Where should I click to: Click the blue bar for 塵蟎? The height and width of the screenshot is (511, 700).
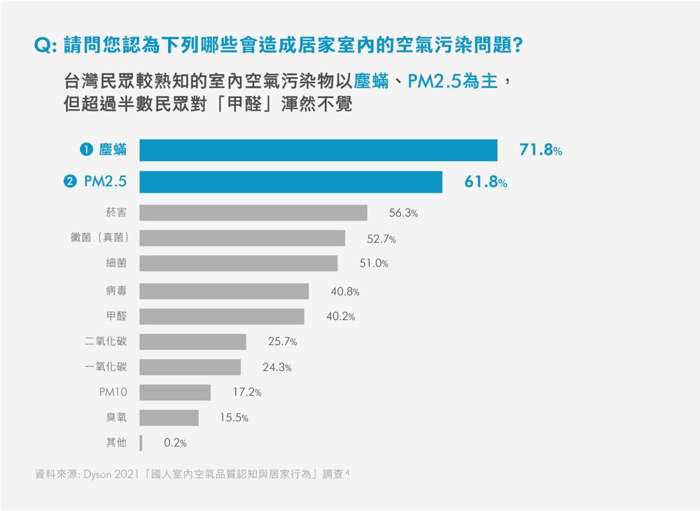(x=318, y=150)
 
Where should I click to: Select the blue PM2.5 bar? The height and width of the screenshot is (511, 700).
(x=290, y=182)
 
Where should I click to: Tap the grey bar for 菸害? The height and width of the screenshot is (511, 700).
(x=253, y=213)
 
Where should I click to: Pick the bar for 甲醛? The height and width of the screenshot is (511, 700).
(x=221, y=316)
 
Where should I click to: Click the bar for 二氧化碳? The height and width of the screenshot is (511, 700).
(x=192, y=342)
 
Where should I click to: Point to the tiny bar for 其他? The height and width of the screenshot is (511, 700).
(x=141, y=442)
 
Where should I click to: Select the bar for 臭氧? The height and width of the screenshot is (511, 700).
(x=169, y=418)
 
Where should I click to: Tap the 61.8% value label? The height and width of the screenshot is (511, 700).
(x=486, y=183)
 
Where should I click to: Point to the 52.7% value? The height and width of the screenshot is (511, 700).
(x=381, y=239)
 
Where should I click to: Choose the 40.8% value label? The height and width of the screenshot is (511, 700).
(x=345, y=291)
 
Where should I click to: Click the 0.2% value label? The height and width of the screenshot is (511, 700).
(x=175, y=442)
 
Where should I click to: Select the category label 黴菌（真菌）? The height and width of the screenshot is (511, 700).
(x=99, y=238)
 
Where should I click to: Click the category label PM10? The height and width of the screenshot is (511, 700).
(x=113, y=392)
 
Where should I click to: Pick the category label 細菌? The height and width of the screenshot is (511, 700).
(x=116, y=263)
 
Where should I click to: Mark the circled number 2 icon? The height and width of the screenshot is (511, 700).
(x=69, y=182)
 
